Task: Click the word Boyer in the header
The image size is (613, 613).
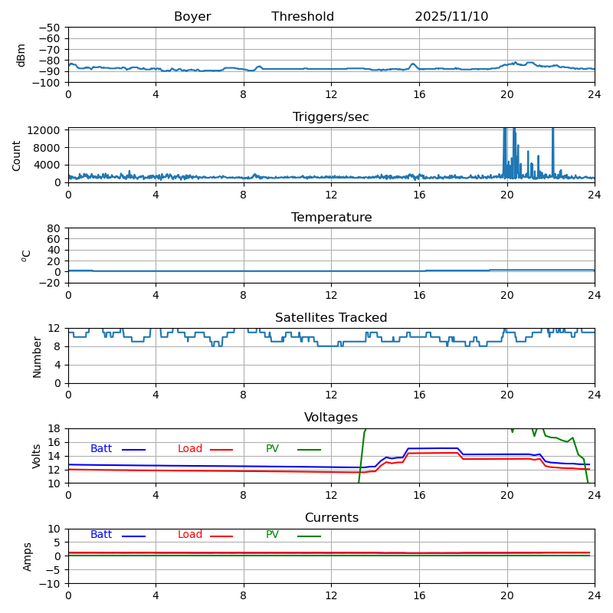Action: click(x=192, y=17)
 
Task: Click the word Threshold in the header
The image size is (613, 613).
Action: click(x=303, y=17)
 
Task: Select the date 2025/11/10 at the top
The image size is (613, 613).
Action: click(x=451, y=17)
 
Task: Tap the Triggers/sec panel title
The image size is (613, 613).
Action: click(x=331, y=117)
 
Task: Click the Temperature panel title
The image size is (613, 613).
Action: click(x=331, y=218)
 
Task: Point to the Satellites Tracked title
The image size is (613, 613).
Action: click(x=331, y=318)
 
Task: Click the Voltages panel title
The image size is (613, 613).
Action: click(x=331, y=418)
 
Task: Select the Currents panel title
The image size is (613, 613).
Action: click(x=331, y=518)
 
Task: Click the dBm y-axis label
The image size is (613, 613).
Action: click(x=21, y=54)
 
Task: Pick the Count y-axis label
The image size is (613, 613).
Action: click(x=17, y=155)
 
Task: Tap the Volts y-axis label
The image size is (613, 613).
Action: click(x=37, y=456)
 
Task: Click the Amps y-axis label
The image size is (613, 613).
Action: click(x=28, y=556)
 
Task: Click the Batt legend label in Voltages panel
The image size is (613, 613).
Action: click(x=101, y=449)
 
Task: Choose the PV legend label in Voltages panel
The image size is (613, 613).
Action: click(x=272, y=449)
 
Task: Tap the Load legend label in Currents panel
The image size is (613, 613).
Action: click(x=190, y=535)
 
